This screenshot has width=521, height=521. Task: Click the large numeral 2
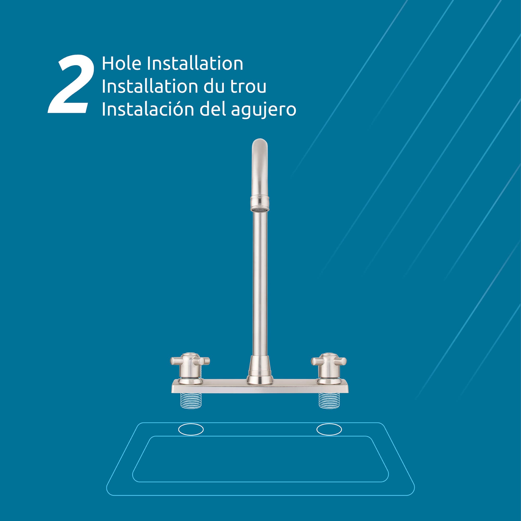click(x=71, y=84)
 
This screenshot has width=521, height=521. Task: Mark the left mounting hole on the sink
click(x=191, y=429)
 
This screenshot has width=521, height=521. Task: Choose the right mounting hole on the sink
click(x=329, y=429)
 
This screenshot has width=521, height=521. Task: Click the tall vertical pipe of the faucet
click(x=260, y=283)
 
